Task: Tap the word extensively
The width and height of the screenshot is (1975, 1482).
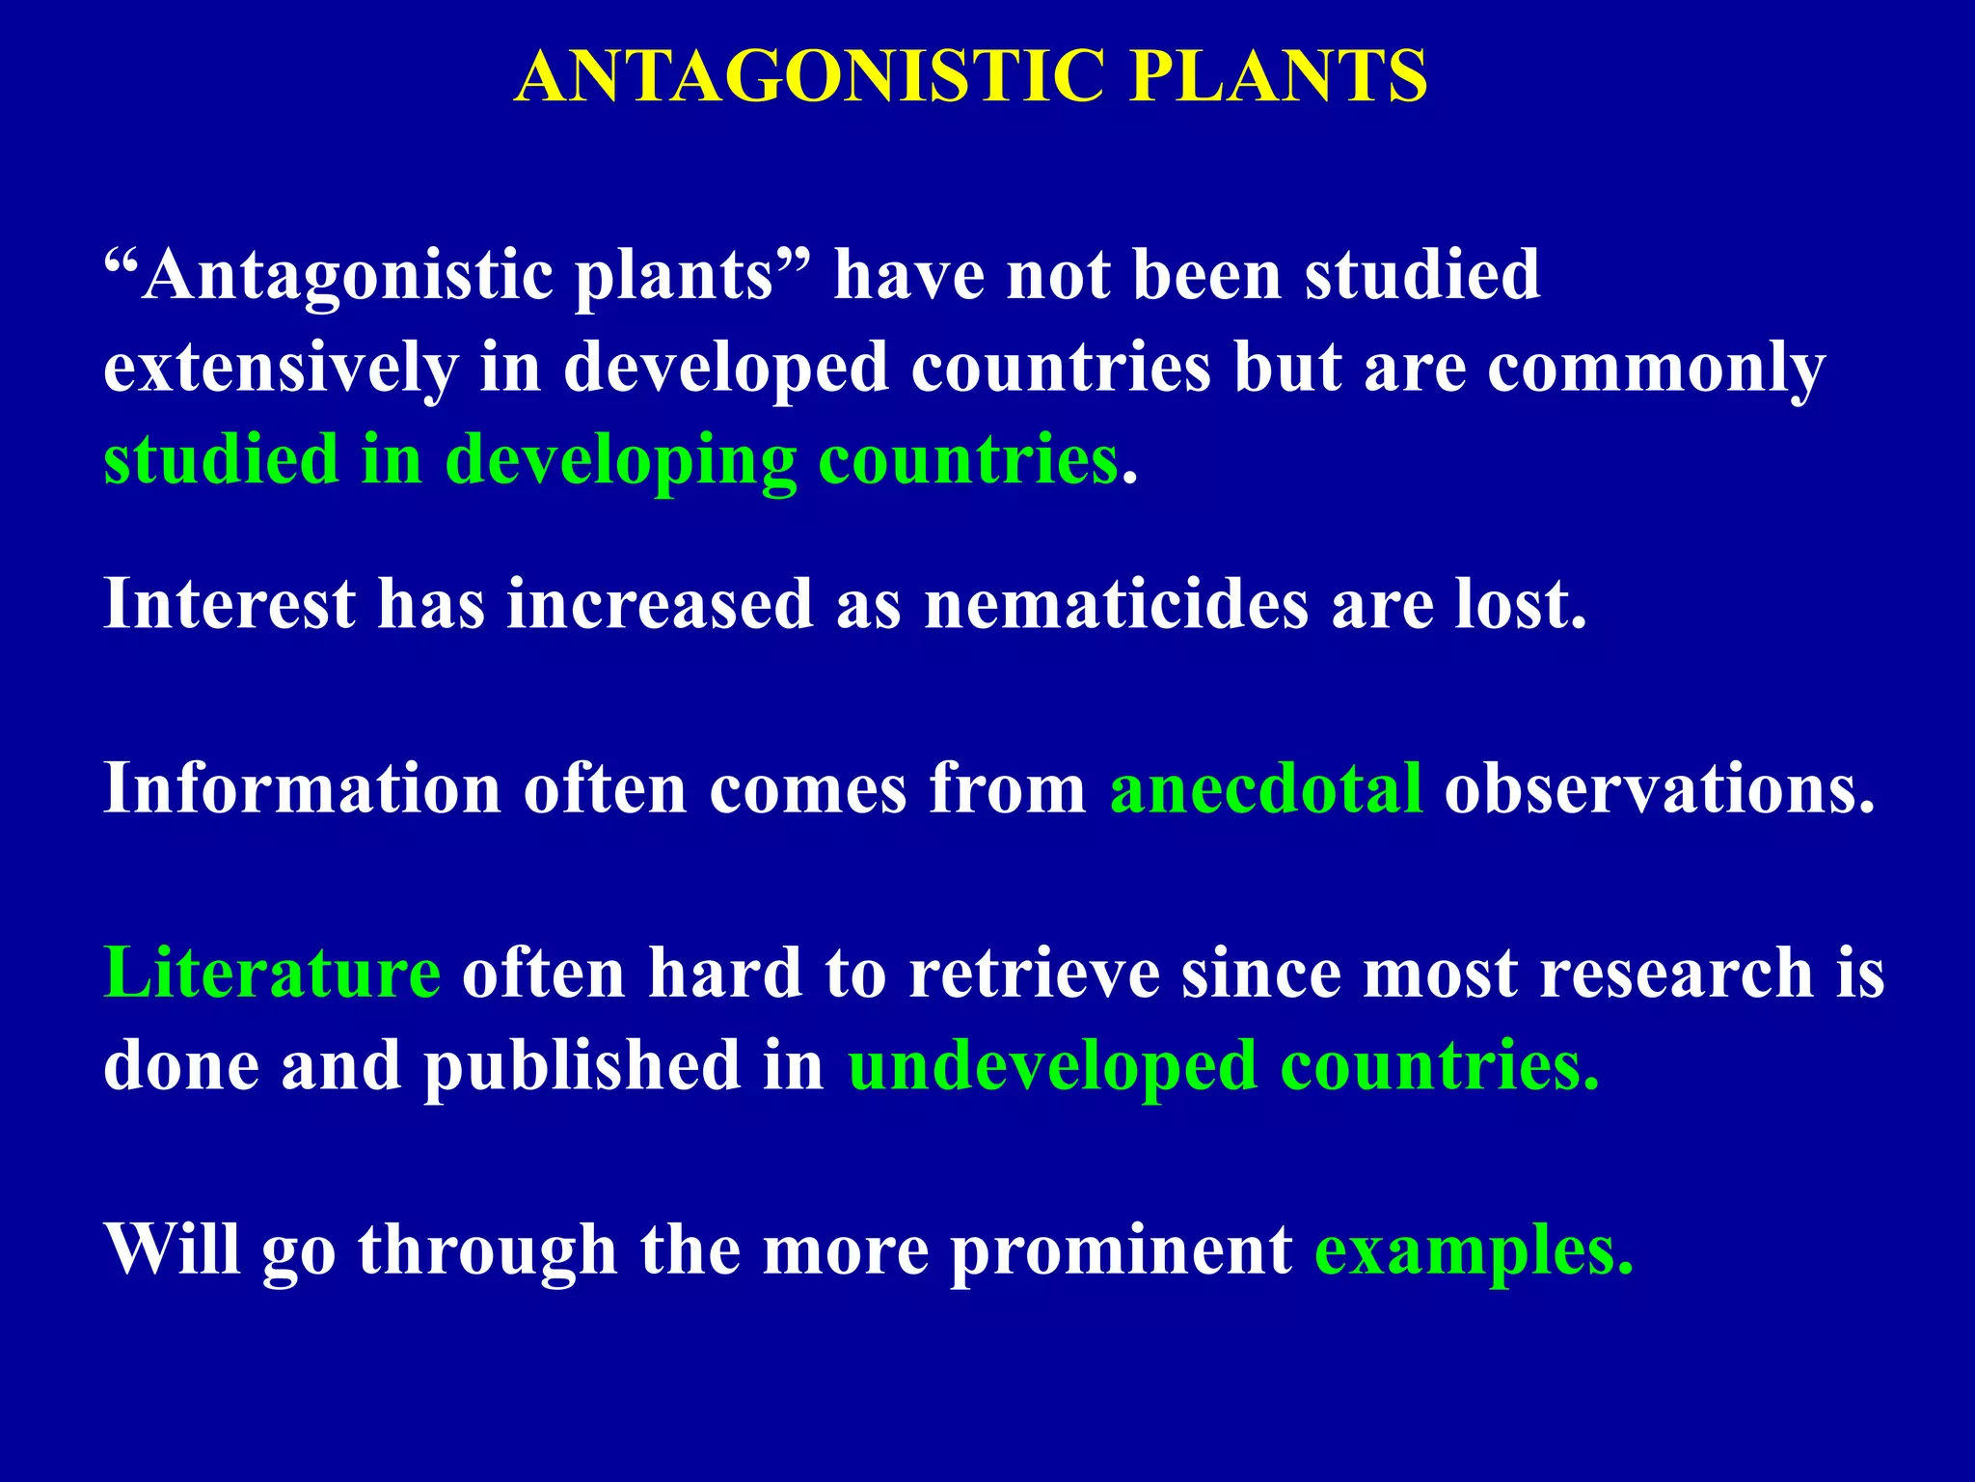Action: pyautogui.click(x=281, y=369)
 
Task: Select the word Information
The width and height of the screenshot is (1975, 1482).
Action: pyautogui.click(x=302, y=789)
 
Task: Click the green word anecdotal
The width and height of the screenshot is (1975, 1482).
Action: pyautogui.click(x=1265, y=789)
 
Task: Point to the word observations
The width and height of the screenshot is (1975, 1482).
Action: pyautogui.click(x=1659, y=789)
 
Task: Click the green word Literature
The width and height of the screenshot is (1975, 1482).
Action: pyautogui.click(x=272, y=974)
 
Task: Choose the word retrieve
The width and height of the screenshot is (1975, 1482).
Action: pyautogui.click(x=1034, y=974)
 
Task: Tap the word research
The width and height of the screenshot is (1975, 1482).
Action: pyautogui.click(x=1677, y=974)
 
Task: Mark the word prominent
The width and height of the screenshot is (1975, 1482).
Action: pyautogui.click(x=1121, y=1252)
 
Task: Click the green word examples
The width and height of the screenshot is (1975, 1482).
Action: pyautogui.click(x=1474, y=1252)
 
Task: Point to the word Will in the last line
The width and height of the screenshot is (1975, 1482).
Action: pyautogui.click(x=172, y=1250)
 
